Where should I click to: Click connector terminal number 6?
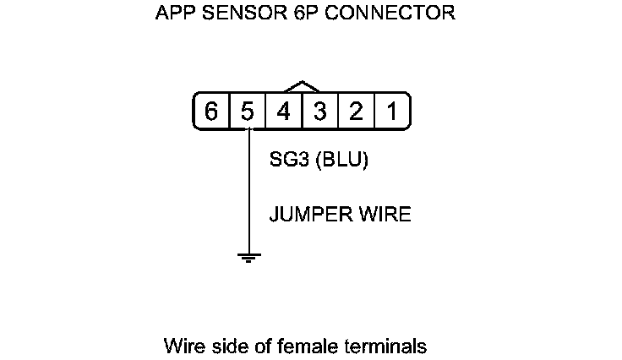211,112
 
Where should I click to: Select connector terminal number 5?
248,112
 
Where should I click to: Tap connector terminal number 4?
284,112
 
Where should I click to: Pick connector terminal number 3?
320,112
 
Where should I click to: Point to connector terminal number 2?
356,112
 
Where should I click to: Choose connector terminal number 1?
392,112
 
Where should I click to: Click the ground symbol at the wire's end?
248,257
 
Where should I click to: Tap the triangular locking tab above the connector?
303,87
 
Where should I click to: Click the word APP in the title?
175,14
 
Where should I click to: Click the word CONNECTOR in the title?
385,14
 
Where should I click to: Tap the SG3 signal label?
288,161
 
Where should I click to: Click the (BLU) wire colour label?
341,161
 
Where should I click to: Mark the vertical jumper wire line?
248,194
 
